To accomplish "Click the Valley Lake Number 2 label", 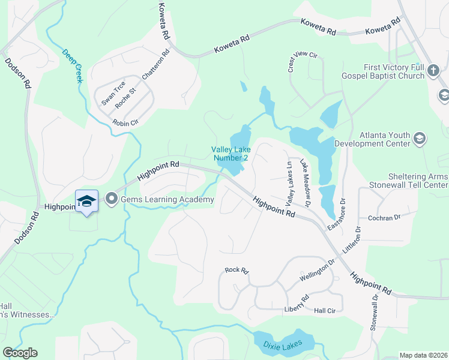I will coord(230,154).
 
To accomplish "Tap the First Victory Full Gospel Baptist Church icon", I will coord(434,73).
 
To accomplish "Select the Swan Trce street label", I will coord(113,94).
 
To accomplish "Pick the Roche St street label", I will coord(126,98).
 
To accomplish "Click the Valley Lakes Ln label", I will coord(290,181).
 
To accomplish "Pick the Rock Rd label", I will coord(237,271).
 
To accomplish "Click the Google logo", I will coord(20,353).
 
